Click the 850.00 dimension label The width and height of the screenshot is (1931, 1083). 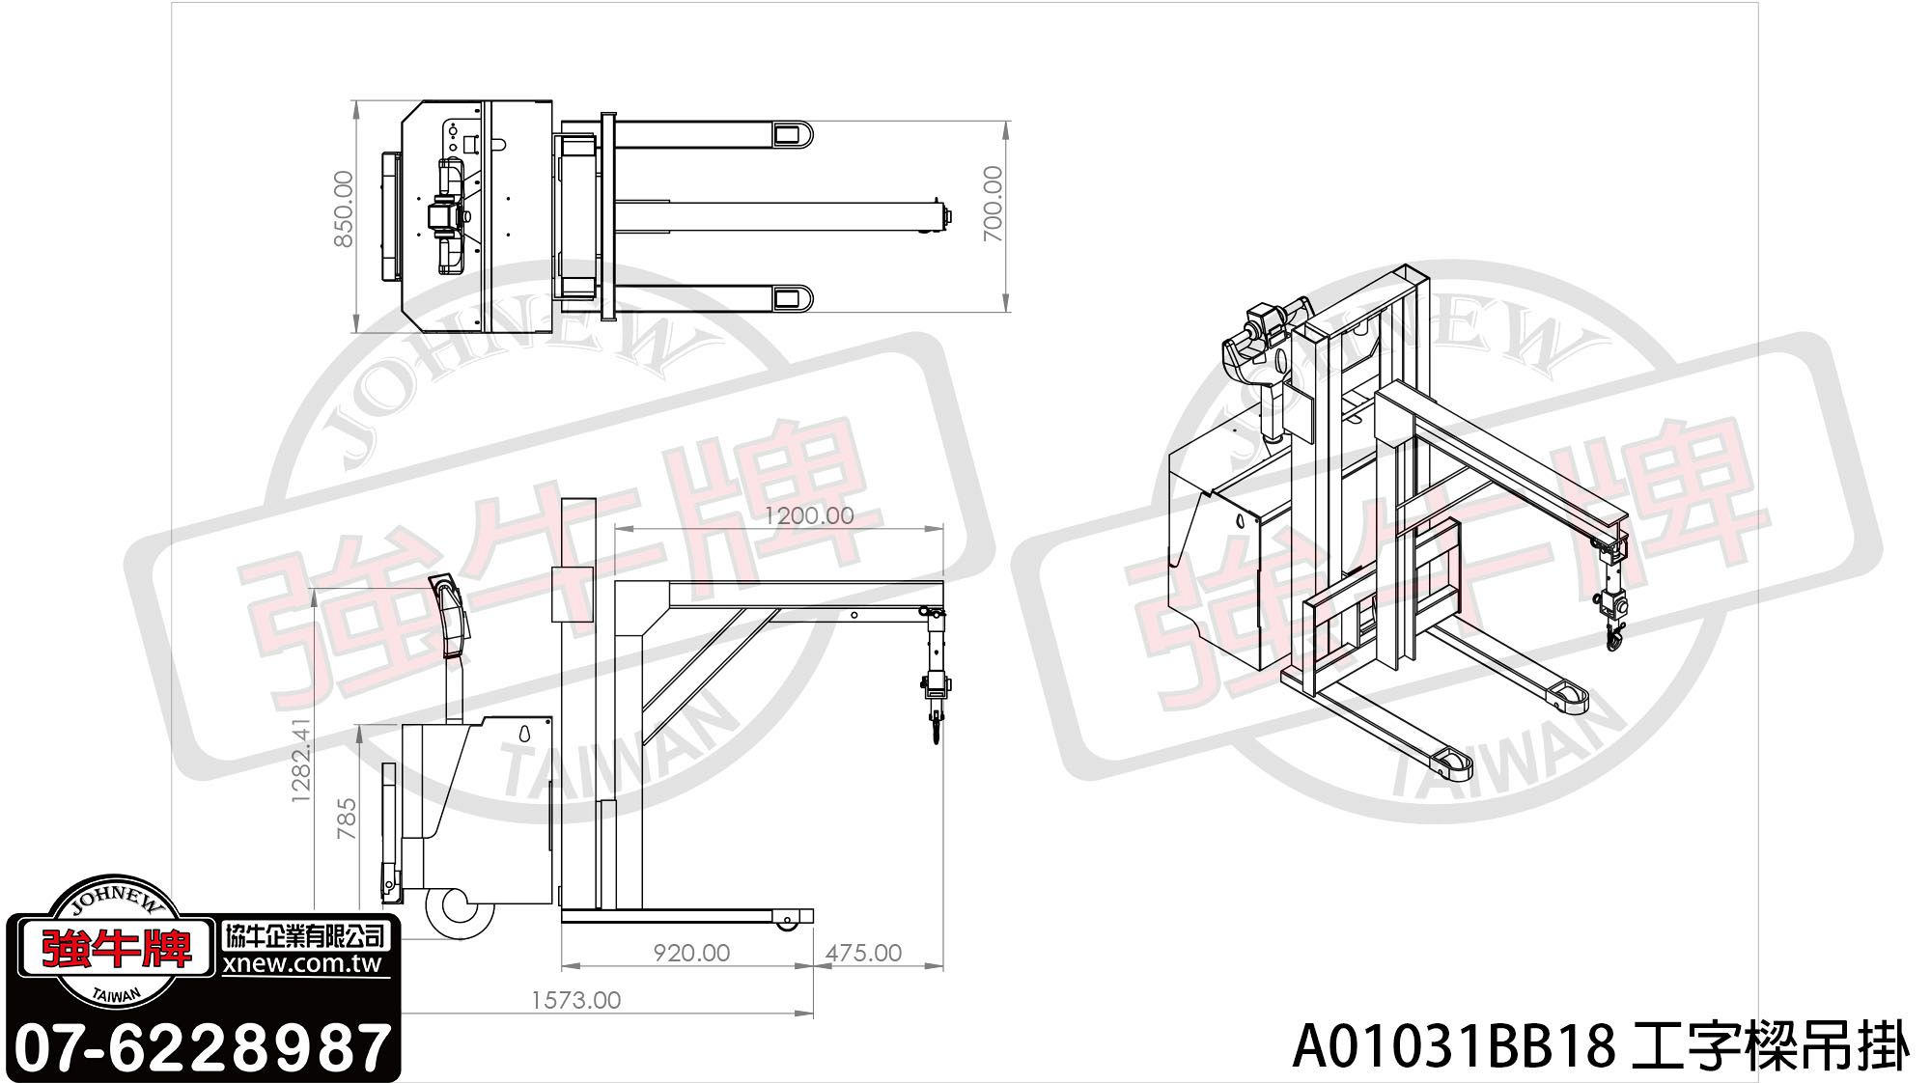tap(345, 209)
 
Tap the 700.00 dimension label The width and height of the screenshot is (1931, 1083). tap(993, 204)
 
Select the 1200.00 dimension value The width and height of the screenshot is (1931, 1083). tap(809, 515)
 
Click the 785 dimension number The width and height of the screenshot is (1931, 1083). tap(346, 817)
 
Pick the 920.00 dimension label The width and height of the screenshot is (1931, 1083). tap(691, 953)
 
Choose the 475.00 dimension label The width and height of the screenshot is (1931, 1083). tap(863, 953)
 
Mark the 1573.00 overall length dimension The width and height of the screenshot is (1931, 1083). tap(576, 1000)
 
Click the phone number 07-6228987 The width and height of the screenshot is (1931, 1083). tap(205, 1046)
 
